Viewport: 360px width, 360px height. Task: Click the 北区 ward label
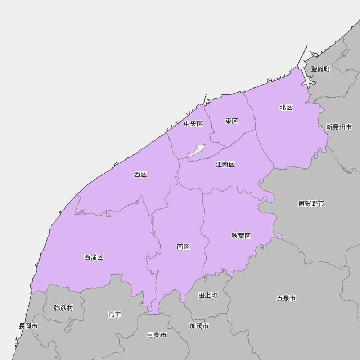pos(286,108)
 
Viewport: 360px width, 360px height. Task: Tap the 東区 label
pos(232,121)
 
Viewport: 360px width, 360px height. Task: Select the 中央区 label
pos(194,124)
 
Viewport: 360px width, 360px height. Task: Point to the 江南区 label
pos(225,165)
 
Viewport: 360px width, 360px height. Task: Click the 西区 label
pos(140,175)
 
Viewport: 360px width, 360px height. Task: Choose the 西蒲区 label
pos(94,257)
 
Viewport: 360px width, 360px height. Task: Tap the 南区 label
pos(183,247)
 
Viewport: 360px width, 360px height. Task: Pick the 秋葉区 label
pos(241,236)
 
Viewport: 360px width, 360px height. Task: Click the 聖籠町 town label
pos(320,69)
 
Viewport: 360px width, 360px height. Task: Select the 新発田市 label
pos(339,127)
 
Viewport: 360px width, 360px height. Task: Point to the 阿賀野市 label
pos(311,204)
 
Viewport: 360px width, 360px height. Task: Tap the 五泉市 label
pos(287,298)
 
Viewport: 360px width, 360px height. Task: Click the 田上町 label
pos(208,296)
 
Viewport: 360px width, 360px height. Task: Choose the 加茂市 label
pos(199,326)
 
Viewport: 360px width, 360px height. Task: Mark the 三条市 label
pos(157,335)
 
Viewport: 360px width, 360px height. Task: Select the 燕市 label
pos(114,315)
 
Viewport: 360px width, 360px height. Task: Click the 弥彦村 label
pos(63,308)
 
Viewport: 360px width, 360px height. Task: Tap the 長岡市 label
pos(28,326)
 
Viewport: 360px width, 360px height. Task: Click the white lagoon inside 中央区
pos(197,150)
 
